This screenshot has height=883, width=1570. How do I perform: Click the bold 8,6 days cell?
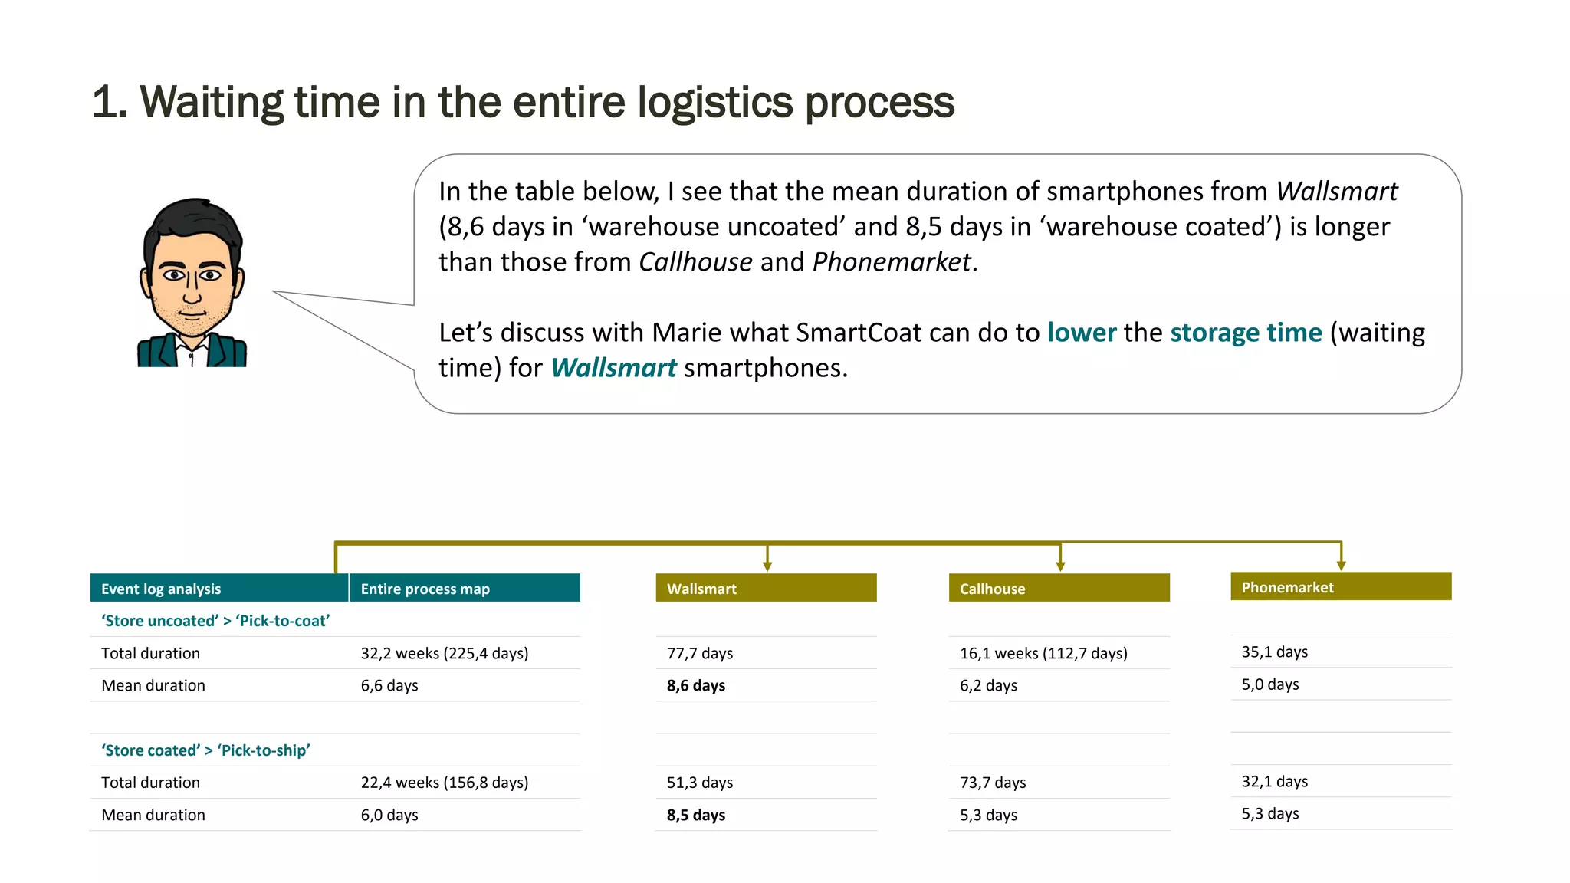[x=696, y=685]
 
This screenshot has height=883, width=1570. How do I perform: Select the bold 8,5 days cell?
[x=696, y=815]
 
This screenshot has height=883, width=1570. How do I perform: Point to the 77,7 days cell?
[x=700, y=653]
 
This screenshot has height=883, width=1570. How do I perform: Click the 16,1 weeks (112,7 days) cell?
[x=1043, y=653]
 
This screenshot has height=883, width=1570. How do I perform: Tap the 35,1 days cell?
[x=1274, y=652]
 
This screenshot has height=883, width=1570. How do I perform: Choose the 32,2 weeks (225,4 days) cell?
[x=445, y=653]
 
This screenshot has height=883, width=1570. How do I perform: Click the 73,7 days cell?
[x=993, y=783]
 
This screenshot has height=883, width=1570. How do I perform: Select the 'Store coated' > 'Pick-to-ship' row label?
[x=205, y=750]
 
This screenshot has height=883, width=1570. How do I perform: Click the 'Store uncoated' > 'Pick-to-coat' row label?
[x=215, y=621]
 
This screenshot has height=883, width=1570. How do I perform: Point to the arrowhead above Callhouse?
[x=1060, y=566]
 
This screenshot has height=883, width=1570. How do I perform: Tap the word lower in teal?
[x=1082, y=333]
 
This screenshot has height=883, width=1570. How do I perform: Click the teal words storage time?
[x=1246, y=333]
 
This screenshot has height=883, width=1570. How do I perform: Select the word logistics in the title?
[x=715, y=102]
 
